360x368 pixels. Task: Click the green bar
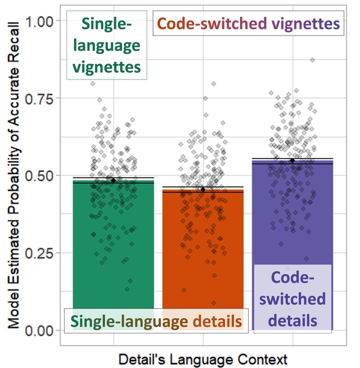(113, 250)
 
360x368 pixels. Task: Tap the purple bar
(292, 215)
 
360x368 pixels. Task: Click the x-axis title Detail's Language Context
(202, 359)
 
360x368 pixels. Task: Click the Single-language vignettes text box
(107, 45)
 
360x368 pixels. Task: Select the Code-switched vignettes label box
(248, 23)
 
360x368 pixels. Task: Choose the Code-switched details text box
(292, 298)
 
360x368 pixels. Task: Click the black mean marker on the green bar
(113, 180)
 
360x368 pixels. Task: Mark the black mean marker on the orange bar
(202, 189)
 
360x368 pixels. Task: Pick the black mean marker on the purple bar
(292, 160)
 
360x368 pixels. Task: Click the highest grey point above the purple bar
(312, 60)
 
